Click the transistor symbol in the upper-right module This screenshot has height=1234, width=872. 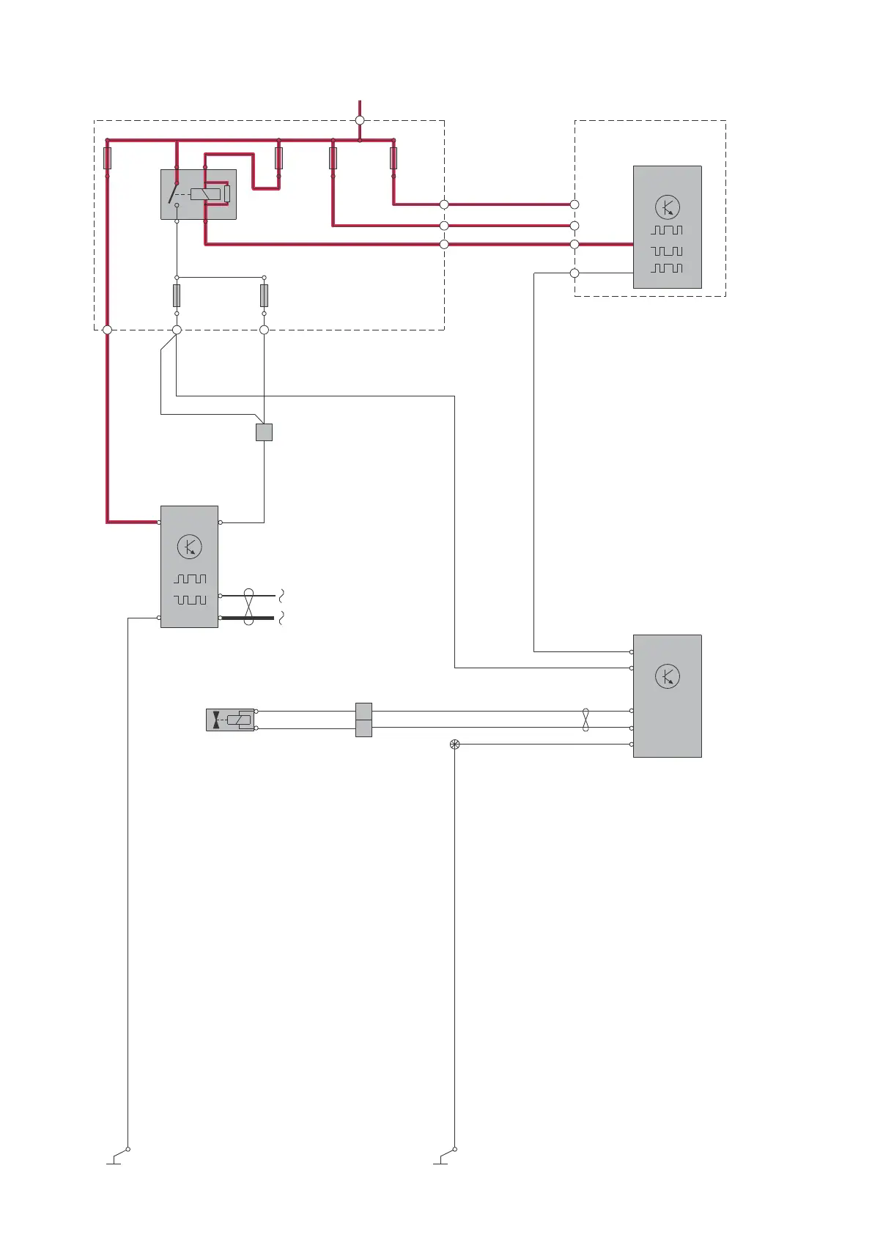click(x=667, y=207)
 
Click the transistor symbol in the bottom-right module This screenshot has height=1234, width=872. click(x=667, y=676)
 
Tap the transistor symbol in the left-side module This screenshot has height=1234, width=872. click(x=189, y=547)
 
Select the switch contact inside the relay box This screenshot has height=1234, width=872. click(x=174, y=193)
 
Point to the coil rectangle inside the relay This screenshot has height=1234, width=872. click(x=204, y=194)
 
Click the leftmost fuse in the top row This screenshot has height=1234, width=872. click(x=108, y=158)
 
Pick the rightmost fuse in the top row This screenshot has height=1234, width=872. click(x=393, y=158)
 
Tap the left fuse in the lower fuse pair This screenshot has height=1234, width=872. click(x=177, y=295)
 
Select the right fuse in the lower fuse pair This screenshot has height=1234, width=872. click(x=264, y=295)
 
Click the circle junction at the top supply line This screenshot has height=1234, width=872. click(x=360, y=120)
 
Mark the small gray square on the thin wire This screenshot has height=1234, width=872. click(x=264, y=432)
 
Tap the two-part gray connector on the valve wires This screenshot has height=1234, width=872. click(x=363, y=720)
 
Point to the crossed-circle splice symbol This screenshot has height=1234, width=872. click(x=454, y=745)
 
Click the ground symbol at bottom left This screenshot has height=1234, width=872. click(x=116, y=1158)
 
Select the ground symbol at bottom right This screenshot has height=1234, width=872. click(x=443, y=1158)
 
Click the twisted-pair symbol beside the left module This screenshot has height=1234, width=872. click(x=248, y=607)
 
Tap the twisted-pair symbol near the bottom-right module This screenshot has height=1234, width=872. click(x=585, y=719)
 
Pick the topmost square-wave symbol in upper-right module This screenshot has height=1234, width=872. click(x=667, y=230)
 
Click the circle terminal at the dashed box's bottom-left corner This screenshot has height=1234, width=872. click(x=107, y=330)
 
